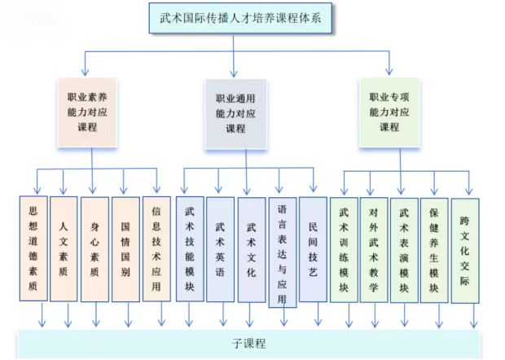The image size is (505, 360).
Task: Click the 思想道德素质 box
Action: click(33, 248)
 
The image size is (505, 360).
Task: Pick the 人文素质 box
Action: click(64, 248)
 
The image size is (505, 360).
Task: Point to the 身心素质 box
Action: click(94, 248)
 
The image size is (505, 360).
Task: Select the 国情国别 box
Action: click(125, 248)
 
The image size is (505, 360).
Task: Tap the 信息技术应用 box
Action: click(156, 248)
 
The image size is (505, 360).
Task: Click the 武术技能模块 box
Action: click(189, 249)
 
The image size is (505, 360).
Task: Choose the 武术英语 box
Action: click(220, 249)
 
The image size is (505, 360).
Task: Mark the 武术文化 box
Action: click(251, 249)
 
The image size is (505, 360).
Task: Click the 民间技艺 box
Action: click(313, 249)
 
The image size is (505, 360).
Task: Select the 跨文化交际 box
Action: click(465, 249)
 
